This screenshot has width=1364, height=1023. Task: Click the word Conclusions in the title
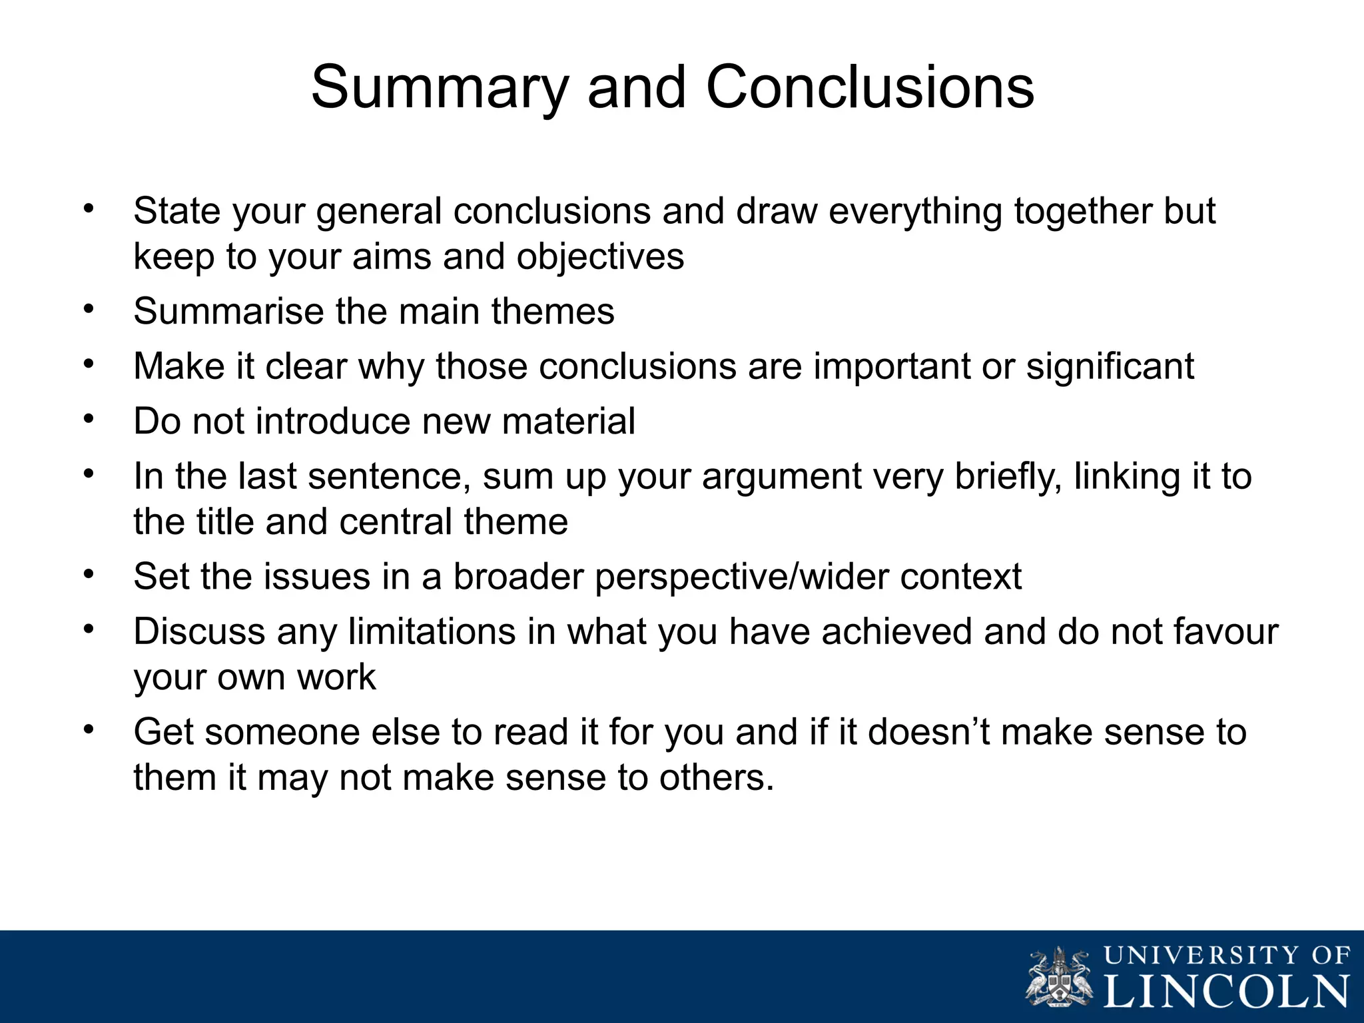(870, 88)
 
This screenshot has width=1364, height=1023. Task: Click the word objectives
(600, 257)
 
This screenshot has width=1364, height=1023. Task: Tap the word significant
(1110, 367)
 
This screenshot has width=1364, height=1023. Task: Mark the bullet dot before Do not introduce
(89, 420)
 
